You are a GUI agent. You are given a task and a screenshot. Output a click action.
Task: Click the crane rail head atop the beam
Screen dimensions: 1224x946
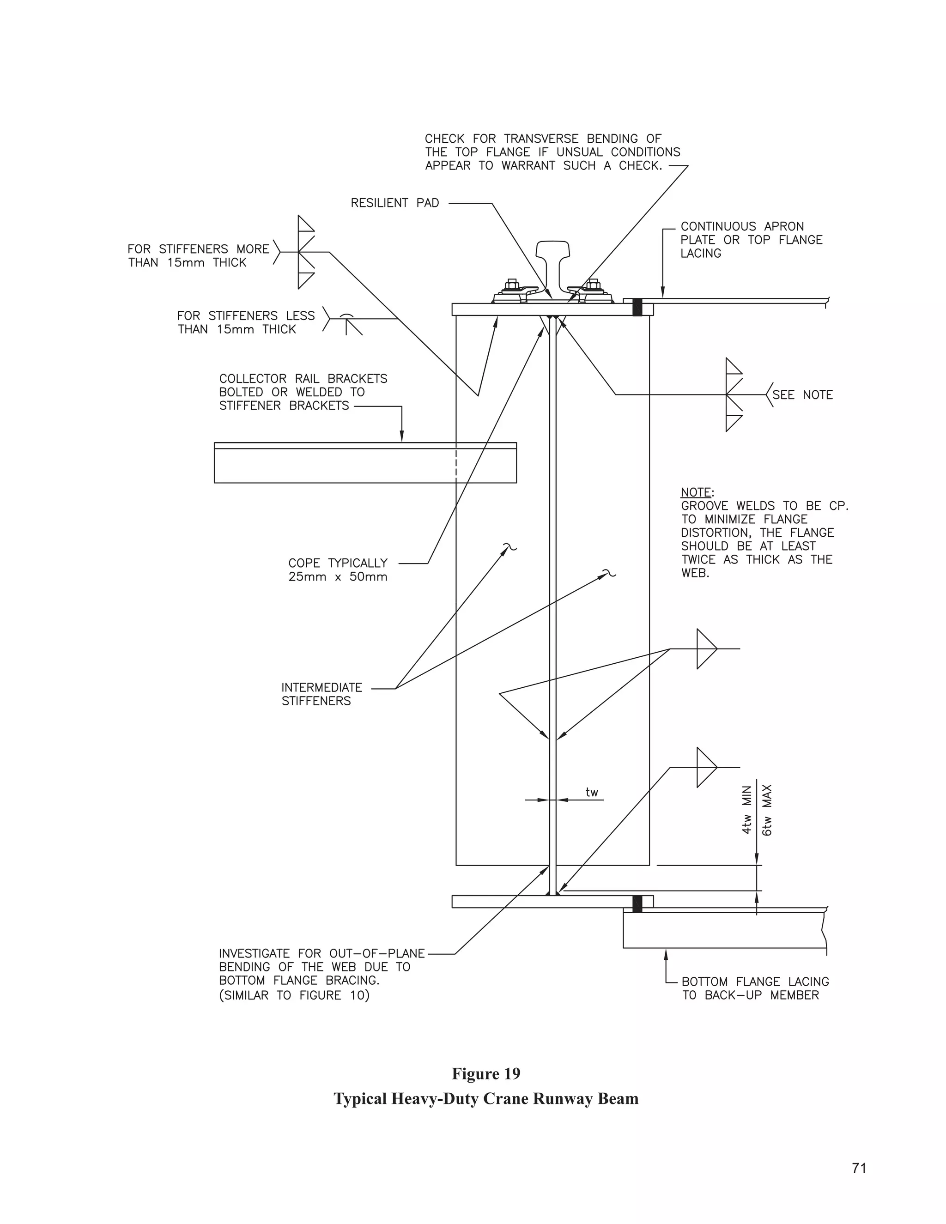552,249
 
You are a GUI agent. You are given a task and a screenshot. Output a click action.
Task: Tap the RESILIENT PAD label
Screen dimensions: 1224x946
394,203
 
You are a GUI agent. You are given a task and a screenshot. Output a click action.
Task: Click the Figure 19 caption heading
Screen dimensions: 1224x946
486,1074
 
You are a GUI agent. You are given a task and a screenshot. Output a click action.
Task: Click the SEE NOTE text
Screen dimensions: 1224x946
802,395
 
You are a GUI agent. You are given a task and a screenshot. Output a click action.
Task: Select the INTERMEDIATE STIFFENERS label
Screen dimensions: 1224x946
321,694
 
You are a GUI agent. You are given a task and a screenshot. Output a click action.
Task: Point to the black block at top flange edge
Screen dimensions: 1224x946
637,307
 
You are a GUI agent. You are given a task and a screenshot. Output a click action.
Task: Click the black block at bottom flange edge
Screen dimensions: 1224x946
637,903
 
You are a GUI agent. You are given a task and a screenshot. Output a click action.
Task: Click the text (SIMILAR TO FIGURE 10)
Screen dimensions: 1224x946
294,995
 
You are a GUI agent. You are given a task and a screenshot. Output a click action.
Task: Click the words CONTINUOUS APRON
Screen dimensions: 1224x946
742,226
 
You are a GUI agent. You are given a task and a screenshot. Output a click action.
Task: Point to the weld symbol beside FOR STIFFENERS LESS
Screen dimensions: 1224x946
346,321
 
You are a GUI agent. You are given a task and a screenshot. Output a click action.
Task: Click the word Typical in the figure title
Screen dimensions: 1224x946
360,1099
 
